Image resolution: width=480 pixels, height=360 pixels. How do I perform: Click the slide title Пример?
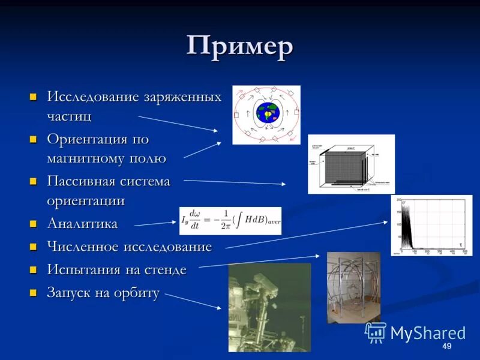[x=239, y=47]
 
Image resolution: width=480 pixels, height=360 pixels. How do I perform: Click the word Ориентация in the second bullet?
[x=88, y=139]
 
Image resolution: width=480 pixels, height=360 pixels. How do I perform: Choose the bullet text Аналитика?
[x=82, y=224]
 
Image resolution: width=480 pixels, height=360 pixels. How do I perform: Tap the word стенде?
[x=165, y=270]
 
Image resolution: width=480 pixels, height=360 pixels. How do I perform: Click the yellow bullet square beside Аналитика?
[x=34, y=224]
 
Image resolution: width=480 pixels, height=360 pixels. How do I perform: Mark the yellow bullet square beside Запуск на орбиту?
[x=34, y=293]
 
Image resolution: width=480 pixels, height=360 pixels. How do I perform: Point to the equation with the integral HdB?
[x=230, y=221]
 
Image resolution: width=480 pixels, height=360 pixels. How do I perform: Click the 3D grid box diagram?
[x=351, y=164]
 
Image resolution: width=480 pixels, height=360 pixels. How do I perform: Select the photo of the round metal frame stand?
[x=353, y=287]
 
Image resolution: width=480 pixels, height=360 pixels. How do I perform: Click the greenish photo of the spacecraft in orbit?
[x=269, y=307]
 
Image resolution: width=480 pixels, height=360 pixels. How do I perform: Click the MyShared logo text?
[x=427, y=333]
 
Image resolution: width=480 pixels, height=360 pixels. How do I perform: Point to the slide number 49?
[x=446, y=347]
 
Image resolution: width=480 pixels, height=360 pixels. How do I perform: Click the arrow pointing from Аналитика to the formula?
[x=155, y=224]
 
